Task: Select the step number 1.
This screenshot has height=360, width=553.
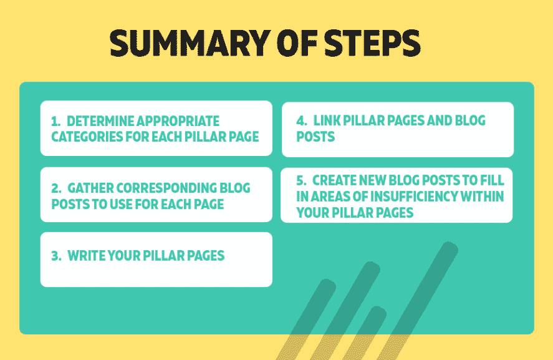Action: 55,122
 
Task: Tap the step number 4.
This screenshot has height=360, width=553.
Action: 302,120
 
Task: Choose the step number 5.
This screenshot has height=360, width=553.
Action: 302,180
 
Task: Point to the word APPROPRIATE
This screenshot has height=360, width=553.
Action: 178,122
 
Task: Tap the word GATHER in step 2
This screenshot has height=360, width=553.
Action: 90,188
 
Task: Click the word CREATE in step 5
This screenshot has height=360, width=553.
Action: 334,180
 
